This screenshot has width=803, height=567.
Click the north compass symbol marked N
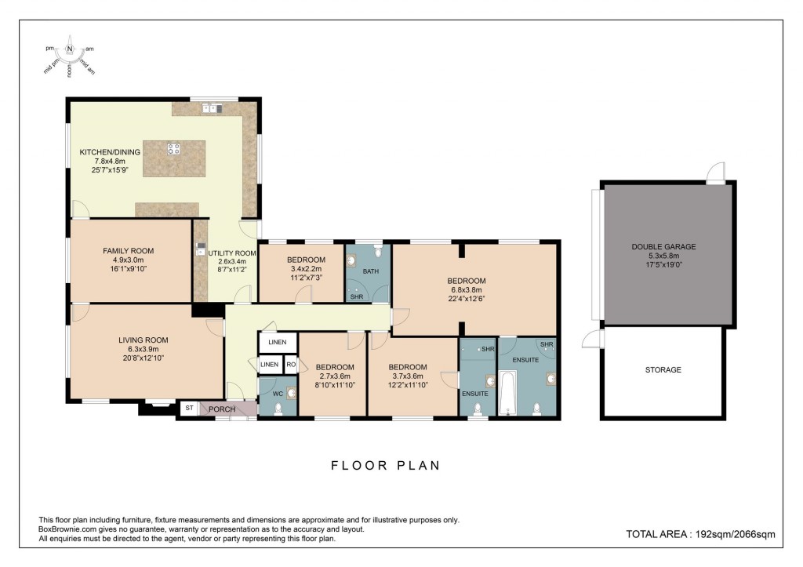pos(70,49)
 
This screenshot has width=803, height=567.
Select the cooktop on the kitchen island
pos(174,147)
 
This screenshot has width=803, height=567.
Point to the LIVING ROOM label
pos(144,340)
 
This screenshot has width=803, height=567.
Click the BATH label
pos(370,271)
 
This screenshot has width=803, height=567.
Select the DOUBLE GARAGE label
pos(663,246)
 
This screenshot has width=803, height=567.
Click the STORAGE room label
pos(663,369)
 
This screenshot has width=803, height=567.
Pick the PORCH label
pos(221,409)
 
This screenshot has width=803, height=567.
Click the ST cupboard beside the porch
pos(189,409)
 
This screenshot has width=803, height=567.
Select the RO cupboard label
pos(290,365)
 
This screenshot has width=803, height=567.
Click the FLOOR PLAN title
pos(385,466)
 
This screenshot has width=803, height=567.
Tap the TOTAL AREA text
pos(700,534)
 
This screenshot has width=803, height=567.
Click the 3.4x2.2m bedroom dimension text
pos(306,269)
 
